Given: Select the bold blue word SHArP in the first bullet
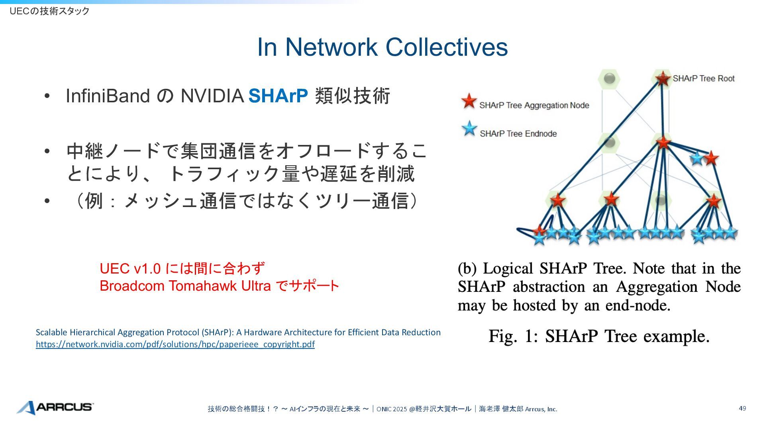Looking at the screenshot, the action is click(x=278, y=96).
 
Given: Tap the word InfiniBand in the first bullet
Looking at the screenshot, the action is click(x=108, y=96).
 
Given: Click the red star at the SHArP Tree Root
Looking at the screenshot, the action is click(x=663, y=78).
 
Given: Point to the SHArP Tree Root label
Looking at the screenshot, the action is click(x=704, y=78).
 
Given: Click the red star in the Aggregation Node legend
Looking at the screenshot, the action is click(x=469, y=102).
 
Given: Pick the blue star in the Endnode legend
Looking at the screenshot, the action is click(x=469, y=129).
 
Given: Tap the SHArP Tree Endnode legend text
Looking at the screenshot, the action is click(x=518, y=134).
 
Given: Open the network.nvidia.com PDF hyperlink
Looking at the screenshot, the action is click(x=175, y=344).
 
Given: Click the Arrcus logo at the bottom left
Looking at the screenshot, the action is click(x=55, y=407).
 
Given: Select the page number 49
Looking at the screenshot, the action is click(x=742, y=408).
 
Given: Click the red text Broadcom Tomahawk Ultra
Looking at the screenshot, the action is click(x=185, y=286).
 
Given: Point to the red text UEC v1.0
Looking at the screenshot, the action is click(x=130, y=269).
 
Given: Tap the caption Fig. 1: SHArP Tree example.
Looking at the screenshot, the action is click(x=599, y=336).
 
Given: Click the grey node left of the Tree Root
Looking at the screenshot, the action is click(x=609, y=78).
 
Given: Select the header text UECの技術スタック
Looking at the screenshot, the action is click(x=49, y=11).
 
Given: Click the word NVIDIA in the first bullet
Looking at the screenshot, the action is click(x=212, y=96).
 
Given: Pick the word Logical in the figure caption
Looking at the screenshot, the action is click(x=508, y=269).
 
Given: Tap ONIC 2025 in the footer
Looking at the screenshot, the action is click(x=392, y=409).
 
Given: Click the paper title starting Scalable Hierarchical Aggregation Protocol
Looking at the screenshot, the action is click(x=238, y=332).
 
